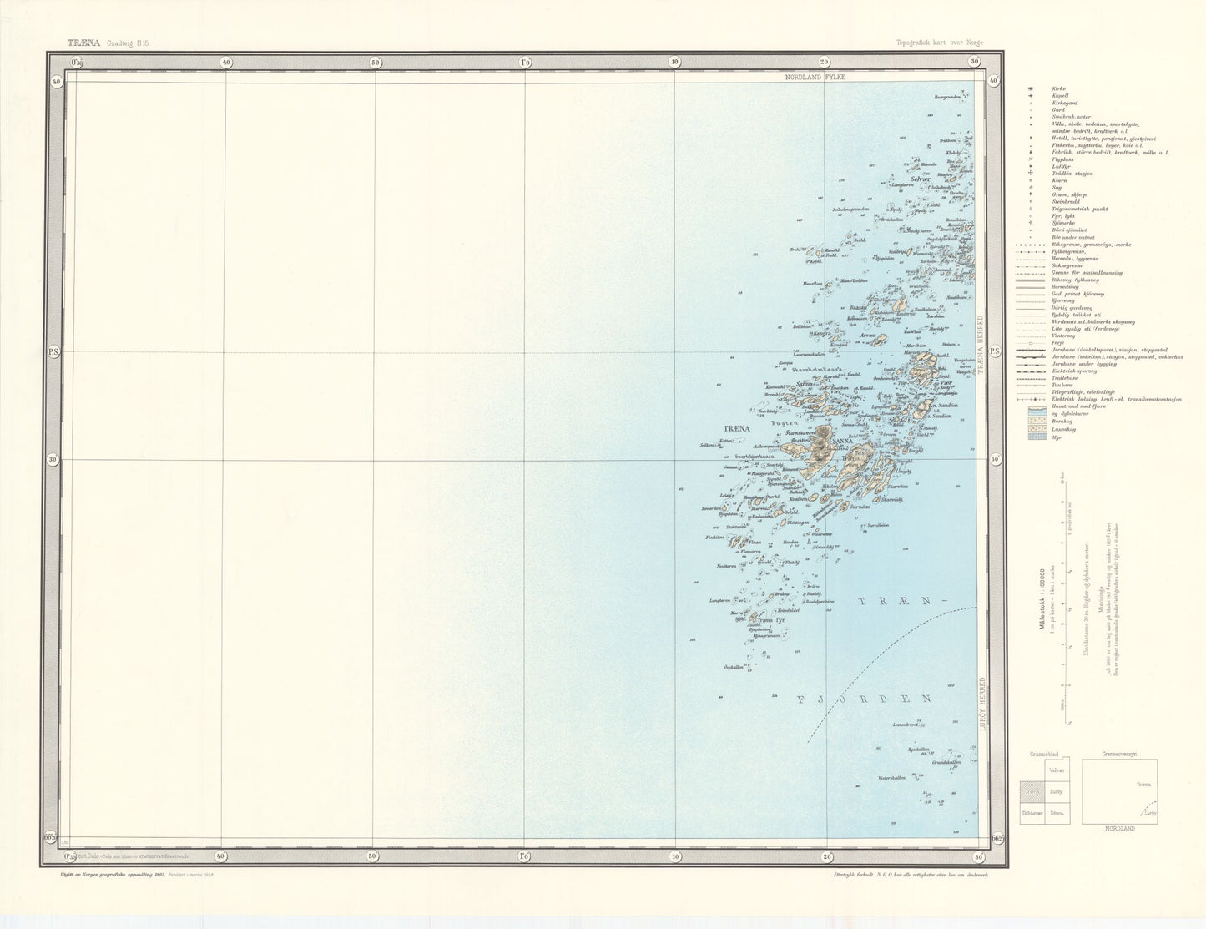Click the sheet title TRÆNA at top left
[x=83, y=42]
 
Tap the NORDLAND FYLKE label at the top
[x=815, y=77]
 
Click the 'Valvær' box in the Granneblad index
[x=1057, y=771]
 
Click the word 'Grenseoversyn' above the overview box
[x=1120, y=753]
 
